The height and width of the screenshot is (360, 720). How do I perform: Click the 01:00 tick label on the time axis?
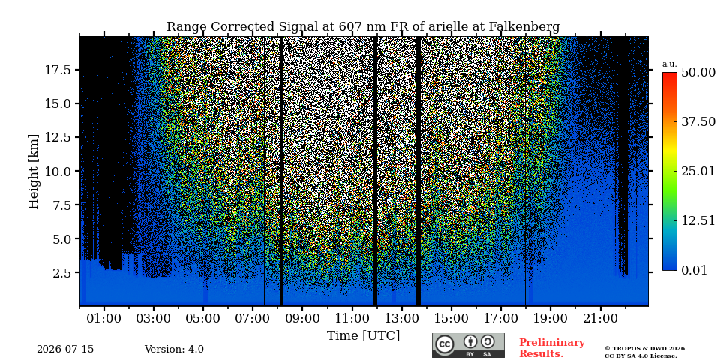[x=104, y=318]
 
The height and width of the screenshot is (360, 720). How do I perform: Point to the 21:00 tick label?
[x=600, y=318]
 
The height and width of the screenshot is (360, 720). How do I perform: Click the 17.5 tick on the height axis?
[x=58, y=70]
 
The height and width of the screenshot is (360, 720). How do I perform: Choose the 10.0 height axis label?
[x=58, y=171]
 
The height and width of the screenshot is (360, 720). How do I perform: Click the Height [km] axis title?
[x=34, y=171]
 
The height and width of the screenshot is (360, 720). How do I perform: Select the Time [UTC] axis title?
[x=363, y=335]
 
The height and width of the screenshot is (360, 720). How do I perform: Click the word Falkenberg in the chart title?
[x=524, y=27]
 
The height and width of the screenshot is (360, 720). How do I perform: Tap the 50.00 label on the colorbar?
[x=698, y=73]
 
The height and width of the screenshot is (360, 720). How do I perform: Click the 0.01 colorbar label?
[x=694, y=270]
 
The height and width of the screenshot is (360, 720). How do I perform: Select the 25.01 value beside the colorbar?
[x=698, y=172]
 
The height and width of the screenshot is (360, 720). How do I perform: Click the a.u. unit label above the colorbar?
[x=670, y=64]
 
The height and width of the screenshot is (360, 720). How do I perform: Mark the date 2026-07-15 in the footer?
[x=65, y=349]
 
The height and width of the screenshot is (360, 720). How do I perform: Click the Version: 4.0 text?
[x=174, y=349]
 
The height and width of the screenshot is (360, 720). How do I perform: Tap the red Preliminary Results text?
[x=552, y=348]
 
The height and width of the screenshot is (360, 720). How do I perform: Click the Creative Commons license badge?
[x=468, y=345]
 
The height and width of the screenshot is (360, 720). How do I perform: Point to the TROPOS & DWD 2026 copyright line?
[x=646, y=349]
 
